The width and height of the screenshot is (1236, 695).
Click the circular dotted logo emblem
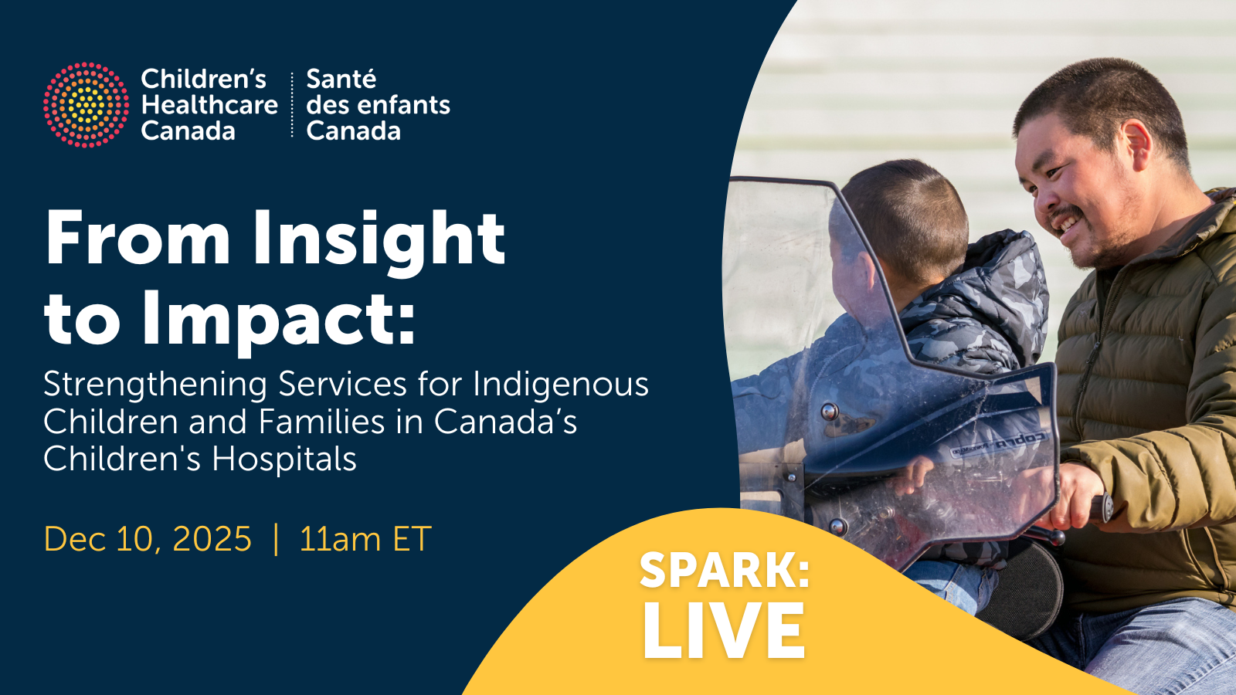(86, 105)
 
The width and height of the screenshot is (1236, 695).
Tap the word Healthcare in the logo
(209, 105)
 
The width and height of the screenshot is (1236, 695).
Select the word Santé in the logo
(341, 79)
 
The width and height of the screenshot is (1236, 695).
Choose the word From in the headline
(137, 239)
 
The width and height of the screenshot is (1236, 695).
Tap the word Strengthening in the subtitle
(155, 385)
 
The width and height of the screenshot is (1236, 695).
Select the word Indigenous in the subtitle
(561, 385)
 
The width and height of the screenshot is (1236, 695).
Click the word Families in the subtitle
(321, 422)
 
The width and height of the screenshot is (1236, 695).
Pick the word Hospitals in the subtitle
(284, 459)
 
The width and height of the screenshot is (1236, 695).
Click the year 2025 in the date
(212, 539)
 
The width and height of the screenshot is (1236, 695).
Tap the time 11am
(339, 539)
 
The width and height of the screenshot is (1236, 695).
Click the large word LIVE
(723, 630)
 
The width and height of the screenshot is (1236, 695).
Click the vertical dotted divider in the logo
(292, 104)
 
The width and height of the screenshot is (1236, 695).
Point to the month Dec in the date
(75, 539)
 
